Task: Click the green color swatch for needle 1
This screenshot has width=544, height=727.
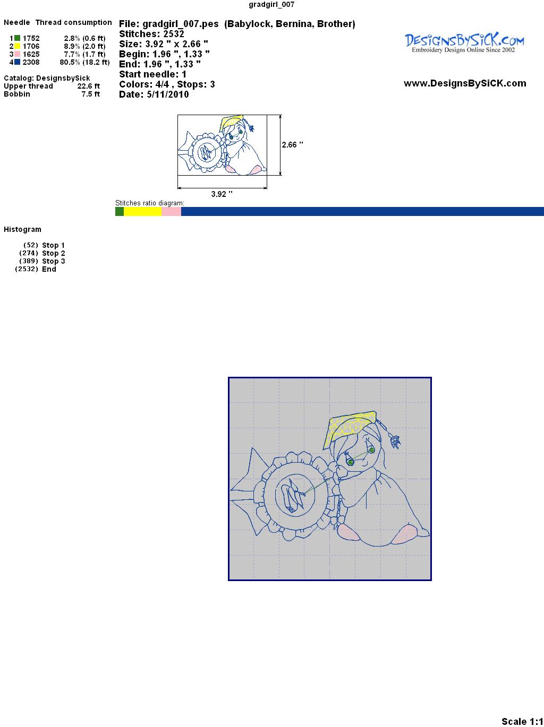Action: [x=17, y=38]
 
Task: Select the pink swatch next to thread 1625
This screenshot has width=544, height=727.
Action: [x=17, y=54]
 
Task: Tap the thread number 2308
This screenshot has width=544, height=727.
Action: [x=31, y=62]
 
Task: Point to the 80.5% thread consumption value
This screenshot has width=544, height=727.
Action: [x=70, y=62]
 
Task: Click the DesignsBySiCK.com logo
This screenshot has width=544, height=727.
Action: [x=464, y=43]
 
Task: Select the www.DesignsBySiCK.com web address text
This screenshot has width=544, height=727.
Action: [x=465, y=83]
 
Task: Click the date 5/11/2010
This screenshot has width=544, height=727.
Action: [x=168, y=94]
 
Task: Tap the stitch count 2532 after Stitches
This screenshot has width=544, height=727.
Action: [x=174, y=34]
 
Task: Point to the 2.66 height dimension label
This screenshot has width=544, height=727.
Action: [x=292, y=145]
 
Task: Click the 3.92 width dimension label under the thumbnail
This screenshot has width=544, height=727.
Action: [x=222, y=194]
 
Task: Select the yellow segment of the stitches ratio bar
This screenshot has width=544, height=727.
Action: [x=142, y=211]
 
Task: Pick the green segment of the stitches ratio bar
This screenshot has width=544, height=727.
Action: [x=120, y=211]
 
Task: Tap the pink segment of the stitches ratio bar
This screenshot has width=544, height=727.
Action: [x=172, y=211]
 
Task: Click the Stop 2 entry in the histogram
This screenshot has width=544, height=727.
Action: [x=53, y=253]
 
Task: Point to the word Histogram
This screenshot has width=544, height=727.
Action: [x=22, y=229]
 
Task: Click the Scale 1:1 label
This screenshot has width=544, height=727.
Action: [x=522, y=721]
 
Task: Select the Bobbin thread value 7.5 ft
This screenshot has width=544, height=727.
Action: [x=90, y=94]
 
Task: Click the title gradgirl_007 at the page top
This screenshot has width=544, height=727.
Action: [x=271, y=4]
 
